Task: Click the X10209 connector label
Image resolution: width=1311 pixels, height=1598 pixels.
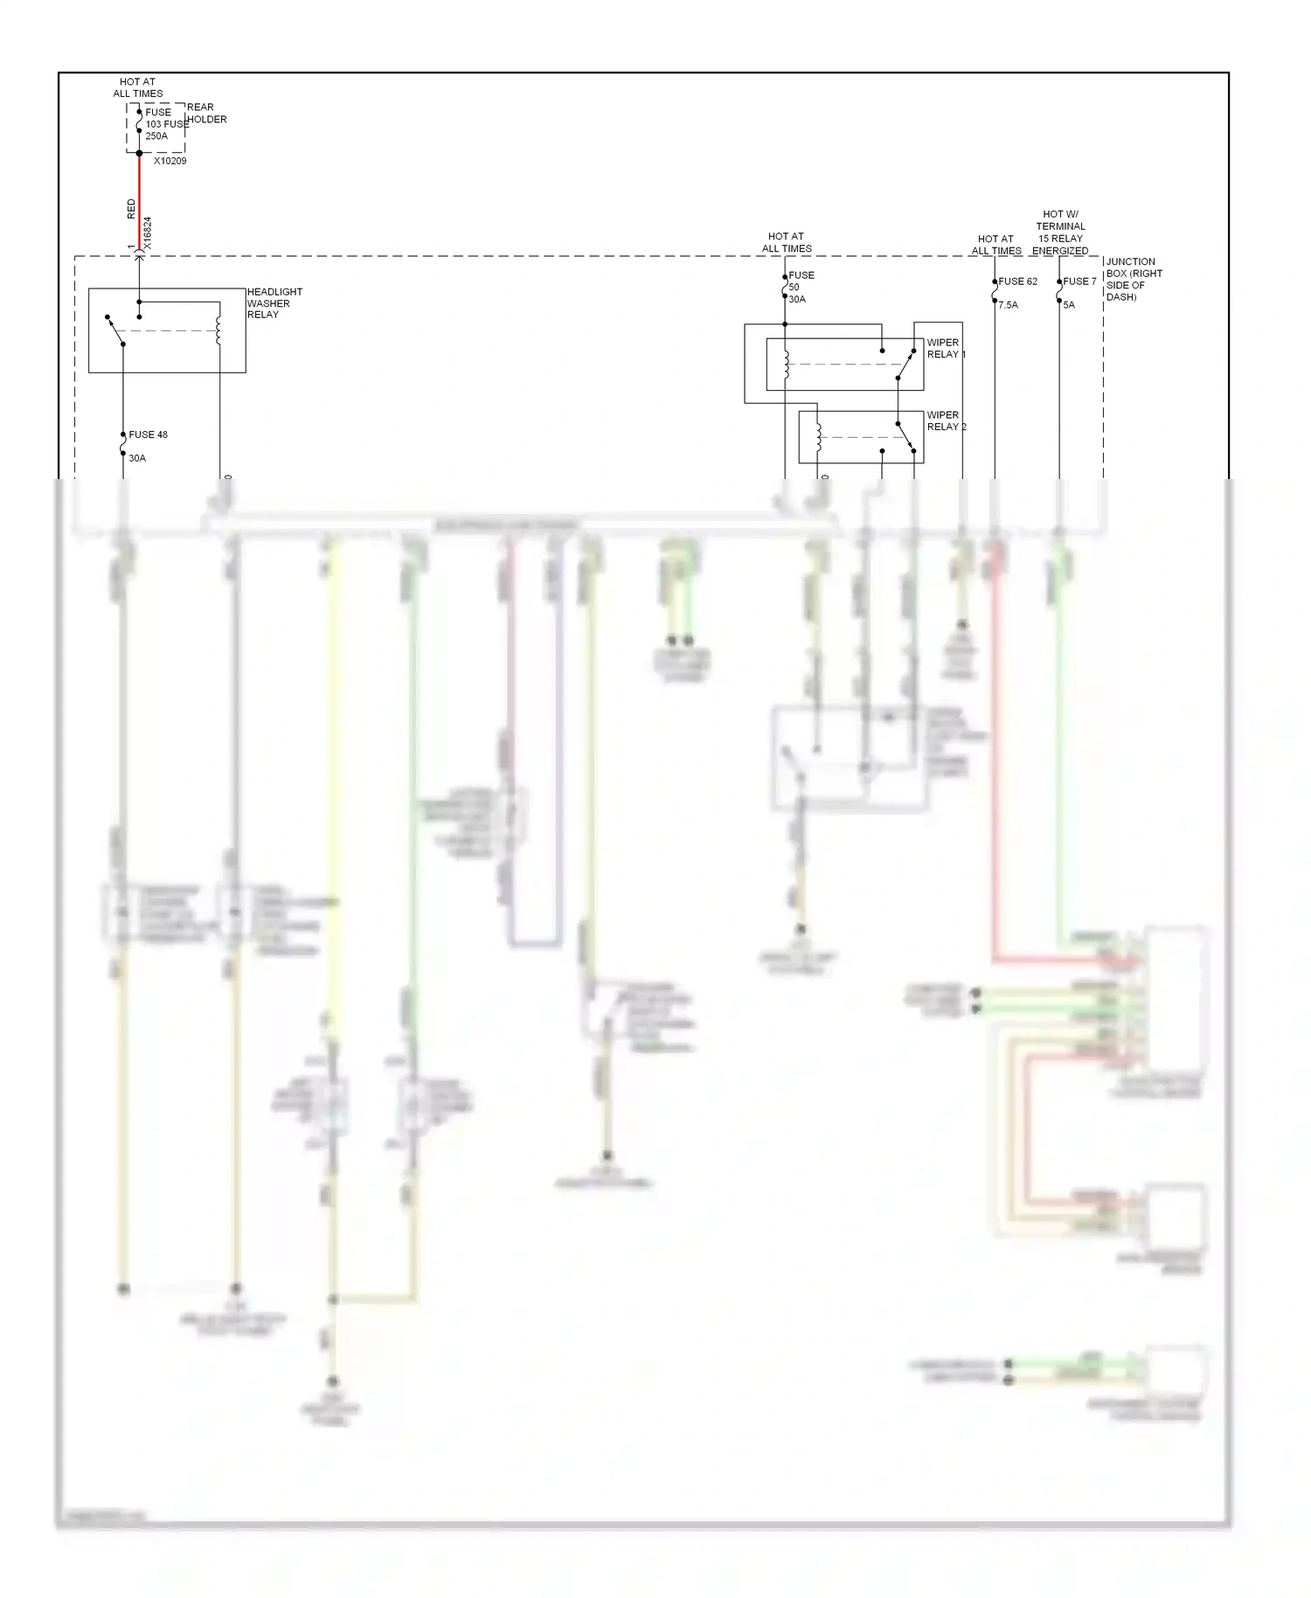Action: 170,161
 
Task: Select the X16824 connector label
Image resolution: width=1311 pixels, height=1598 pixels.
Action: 147,233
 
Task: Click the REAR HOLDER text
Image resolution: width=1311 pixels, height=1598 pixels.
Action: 206,114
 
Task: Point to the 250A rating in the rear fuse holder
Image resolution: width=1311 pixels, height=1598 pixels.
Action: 156,136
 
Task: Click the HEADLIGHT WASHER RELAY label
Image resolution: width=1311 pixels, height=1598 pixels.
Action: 274,303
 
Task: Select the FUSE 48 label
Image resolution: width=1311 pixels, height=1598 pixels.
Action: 148,434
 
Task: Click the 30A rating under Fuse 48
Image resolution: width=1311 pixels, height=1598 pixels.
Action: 137,458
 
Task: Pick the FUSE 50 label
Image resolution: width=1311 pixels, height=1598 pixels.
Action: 801,281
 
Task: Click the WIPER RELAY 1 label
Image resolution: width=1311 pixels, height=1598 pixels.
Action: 946,348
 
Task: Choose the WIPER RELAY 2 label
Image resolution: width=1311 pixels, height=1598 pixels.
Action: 946,420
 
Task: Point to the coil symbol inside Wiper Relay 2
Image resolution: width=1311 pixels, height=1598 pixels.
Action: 818,438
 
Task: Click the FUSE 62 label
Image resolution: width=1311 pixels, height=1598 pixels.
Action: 1017,281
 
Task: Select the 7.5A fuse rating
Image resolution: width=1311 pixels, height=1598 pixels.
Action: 1008,305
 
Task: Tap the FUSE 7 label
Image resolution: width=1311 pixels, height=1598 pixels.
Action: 1079,281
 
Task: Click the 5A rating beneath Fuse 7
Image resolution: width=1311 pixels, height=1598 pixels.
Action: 1069,305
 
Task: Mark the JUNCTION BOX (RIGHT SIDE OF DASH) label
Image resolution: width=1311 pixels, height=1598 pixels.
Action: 1134,279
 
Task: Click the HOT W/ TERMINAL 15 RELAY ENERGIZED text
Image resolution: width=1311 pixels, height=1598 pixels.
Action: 1060,233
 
